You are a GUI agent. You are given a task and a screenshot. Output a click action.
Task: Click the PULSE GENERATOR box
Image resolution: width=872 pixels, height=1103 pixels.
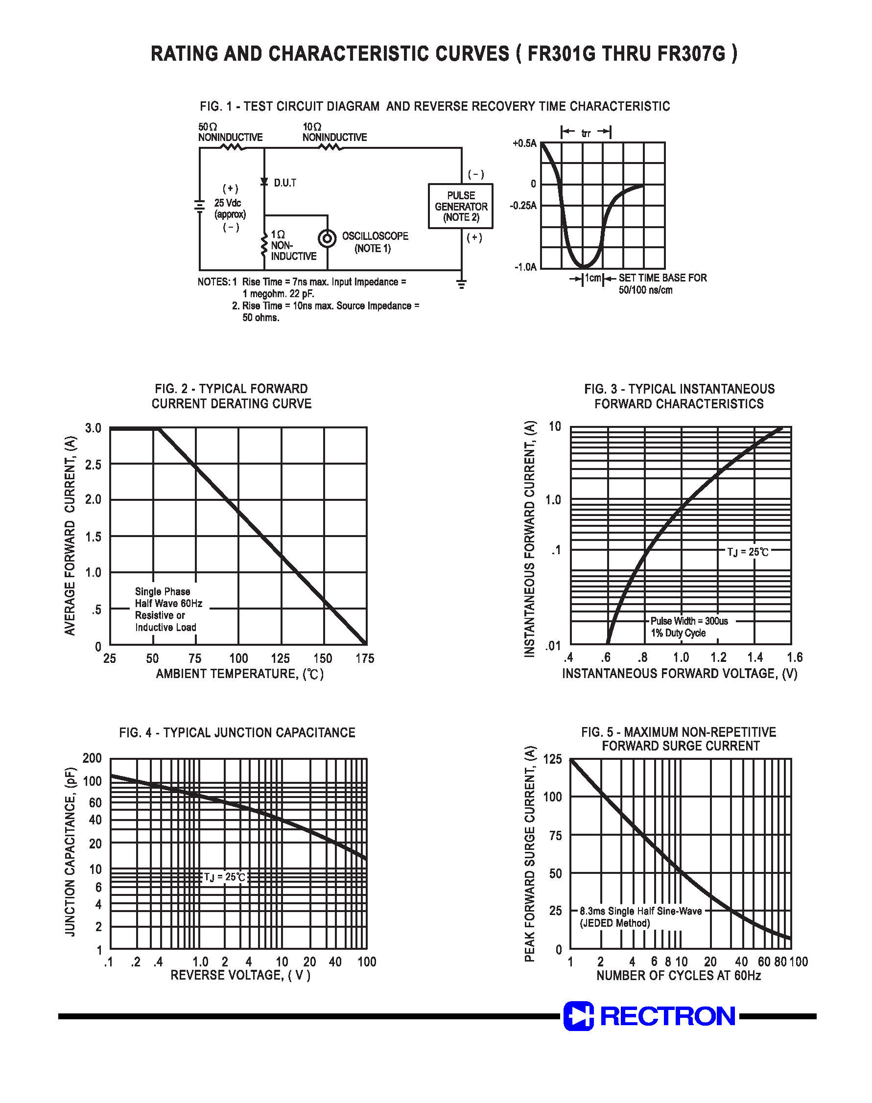[461, 206]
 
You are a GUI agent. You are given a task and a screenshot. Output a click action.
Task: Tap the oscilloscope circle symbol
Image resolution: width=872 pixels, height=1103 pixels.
[327, 238]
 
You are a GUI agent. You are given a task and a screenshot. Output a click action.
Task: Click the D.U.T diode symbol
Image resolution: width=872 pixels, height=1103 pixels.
[264, 182]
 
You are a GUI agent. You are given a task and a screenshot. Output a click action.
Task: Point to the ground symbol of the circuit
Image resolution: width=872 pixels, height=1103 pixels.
[462, 284]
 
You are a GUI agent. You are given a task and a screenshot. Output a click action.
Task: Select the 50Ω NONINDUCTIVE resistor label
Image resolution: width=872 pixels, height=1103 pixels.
[230, 132]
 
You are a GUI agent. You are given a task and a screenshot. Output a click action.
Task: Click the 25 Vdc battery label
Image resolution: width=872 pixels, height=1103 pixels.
[228, 203]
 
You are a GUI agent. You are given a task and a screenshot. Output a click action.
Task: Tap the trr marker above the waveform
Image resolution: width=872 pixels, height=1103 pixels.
[586, 133]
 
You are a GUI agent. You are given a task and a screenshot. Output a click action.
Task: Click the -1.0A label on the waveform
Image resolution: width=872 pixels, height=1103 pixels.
[525, 267]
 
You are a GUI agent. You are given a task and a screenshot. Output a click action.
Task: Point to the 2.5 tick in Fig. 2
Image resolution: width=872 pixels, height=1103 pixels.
[93, 465]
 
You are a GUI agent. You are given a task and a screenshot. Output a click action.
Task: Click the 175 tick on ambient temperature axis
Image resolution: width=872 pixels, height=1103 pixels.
[365, 658]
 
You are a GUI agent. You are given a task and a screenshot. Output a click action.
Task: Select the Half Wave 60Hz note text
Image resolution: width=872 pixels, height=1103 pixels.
[168, 603]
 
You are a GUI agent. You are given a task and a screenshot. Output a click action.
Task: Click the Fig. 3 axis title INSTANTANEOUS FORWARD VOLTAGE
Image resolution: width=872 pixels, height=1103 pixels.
[680, 673]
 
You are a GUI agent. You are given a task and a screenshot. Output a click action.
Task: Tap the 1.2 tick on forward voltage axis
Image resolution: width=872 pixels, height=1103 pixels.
[718, 657]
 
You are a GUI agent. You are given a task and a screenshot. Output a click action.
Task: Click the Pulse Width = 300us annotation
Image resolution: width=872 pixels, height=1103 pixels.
[689, 621]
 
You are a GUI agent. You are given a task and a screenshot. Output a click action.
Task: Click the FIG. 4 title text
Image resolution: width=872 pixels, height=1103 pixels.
[237, 732]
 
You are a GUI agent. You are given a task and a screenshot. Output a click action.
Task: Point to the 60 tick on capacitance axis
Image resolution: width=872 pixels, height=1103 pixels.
[95, 803]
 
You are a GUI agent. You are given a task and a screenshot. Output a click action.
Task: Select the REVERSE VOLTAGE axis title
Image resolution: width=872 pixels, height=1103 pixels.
[240, 975]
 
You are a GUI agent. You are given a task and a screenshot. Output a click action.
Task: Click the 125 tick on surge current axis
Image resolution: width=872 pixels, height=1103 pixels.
[552, 759]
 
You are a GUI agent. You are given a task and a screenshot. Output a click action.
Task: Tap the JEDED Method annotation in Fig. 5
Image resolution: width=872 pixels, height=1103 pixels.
[614, 923]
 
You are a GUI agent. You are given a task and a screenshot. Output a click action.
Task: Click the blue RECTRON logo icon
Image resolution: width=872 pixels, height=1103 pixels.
[578, 1016]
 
